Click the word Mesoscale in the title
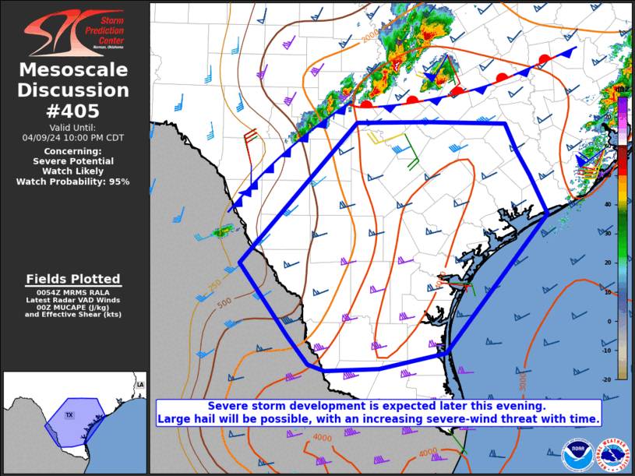74,70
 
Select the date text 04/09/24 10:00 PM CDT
74,137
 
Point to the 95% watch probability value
118,182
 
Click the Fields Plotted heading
73,279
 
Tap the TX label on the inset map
69,415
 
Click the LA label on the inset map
139,386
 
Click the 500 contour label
224,301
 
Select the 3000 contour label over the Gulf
523,381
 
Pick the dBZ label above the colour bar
623,92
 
